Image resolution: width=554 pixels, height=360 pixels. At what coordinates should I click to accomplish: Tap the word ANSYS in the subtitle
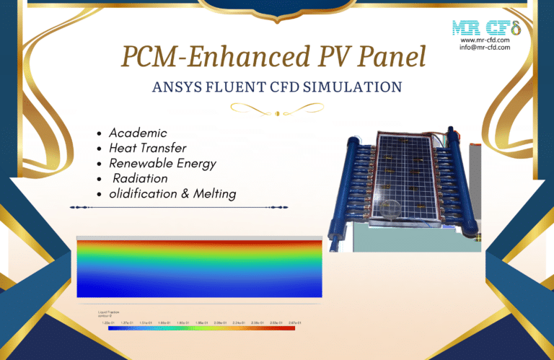[176, 88]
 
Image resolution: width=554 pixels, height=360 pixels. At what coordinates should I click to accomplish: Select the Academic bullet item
[138, 133]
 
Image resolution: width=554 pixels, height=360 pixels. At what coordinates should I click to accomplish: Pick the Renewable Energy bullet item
[162, 163]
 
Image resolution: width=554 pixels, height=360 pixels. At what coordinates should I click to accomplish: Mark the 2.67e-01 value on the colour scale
[294, 322]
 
